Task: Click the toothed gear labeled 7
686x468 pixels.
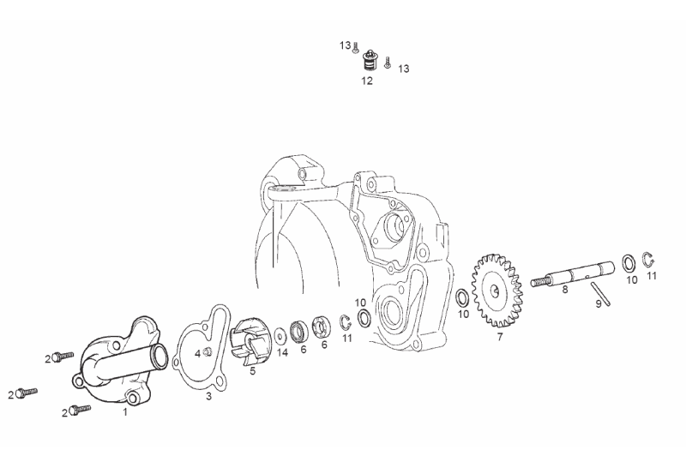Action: click(x=497, y=291)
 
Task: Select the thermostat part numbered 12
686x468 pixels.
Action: click(x=370, y=62)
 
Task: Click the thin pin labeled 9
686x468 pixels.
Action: click(x=600, y=294)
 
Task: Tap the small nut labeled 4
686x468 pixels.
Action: click(x=208, y=351)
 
